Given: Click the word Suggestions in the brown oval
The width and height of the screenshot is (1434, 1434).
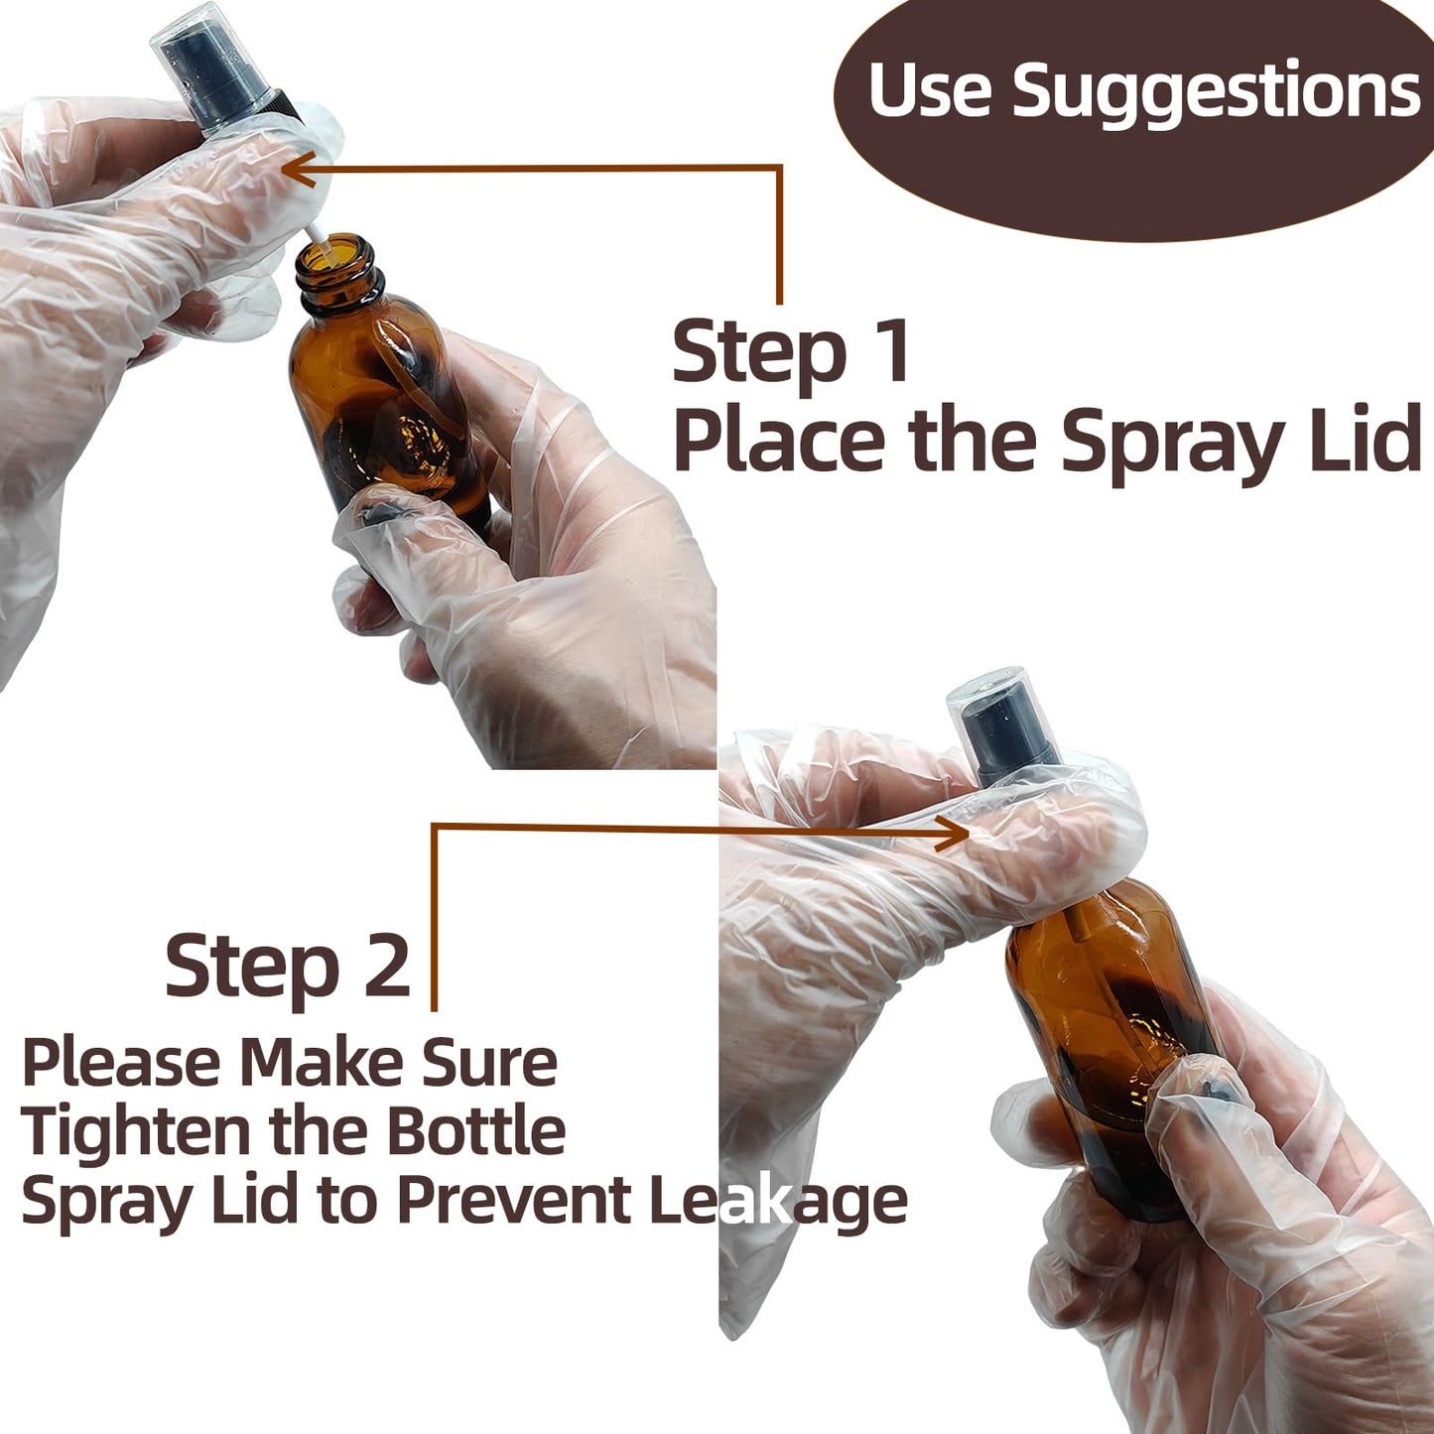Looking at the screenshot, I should pyautogui.click(x=1216, y=91).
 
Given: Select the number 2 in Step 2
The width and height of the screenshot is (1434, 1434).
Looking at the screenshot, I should pyautogui.click(x=386, y=967).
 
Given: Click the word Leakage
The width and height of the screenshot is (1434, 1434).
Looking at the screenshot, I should pyautogui.click(x=778, y=1201).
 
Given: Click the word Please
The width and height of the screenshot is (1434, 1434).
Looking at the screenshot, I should pyautogui.click(x=120, y=1062).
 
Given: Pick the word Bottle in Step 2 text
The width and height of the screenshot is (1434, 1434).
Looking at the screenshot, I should pyautogui.click(x=475, y=1131).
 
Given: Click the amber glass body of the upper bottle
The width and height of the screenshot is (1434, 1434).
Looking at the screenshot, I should pyautogui.click(x=392, y=417).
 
